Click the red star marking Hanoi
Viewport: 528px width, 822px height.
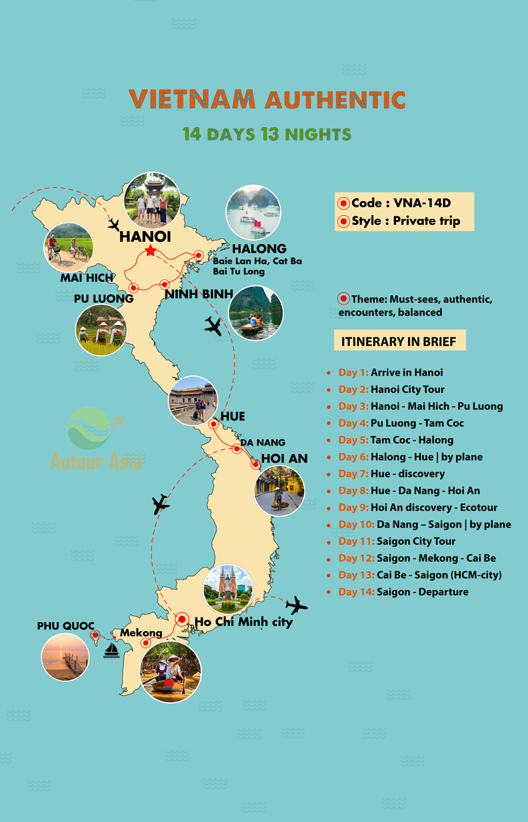pyautogui.click(x=150, y=250)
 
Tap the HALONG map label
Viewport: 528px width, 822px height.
pyautogui.click(x=259, y=249)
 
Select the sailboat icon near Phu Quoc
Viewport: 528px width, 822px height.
pyautogui.click(x=111, y=650)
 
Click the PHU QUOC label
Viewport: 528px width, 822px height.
pyautogui.click(x=65, y=626)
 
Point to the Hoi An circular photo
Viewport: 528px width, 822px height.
pyautogui.click(x=279, y=491)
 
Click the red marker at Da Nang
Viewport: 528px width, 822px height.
pyautogui.click(x=237, y=449)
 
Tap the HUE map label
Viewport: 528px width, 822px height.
pyautogui.click(x=233, y=416)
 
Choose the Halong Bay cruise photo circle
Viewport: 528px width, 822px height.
pyautogui.click(x=253, y=212)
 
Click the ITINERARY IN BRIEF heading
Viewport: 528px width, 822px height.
pyautogui.click(x=399, y=341)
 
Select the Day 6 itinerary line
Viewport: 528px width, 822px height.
pyautogui.click(x=411, y=457)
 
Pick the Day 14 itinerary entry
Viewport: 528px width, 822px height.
pyautogui.click(x=403, y=592)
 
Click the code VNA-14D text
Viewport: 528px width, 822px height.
pyautogui.click(x=401, y=203)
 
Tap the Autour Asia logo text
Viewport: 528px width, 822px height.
pyautogui.click(x=96, y=461)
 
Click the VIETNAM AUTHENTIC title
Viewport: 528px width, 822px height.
pyautogui.click(x=267, y=99)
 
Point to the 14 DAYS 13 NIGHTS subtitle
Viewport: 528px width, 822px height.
pyautogui.click(x=267, y=134)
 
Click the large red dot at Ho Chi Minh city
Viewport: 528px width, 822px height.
pyautogui.click(x=182, y=619)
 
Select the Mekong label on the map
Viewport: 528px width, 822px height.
pyautogui.click(x=141, y=632)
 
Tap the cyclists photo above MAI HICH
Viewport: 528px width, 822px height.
pyautogui.click(x=69, y=247)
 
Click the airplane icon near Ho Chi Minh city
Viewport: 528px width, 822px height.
pyautogui.click(x=296, y=605)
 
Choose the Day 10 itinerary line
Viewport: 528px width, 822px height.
pyautogui.click(x=425, y=525)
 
